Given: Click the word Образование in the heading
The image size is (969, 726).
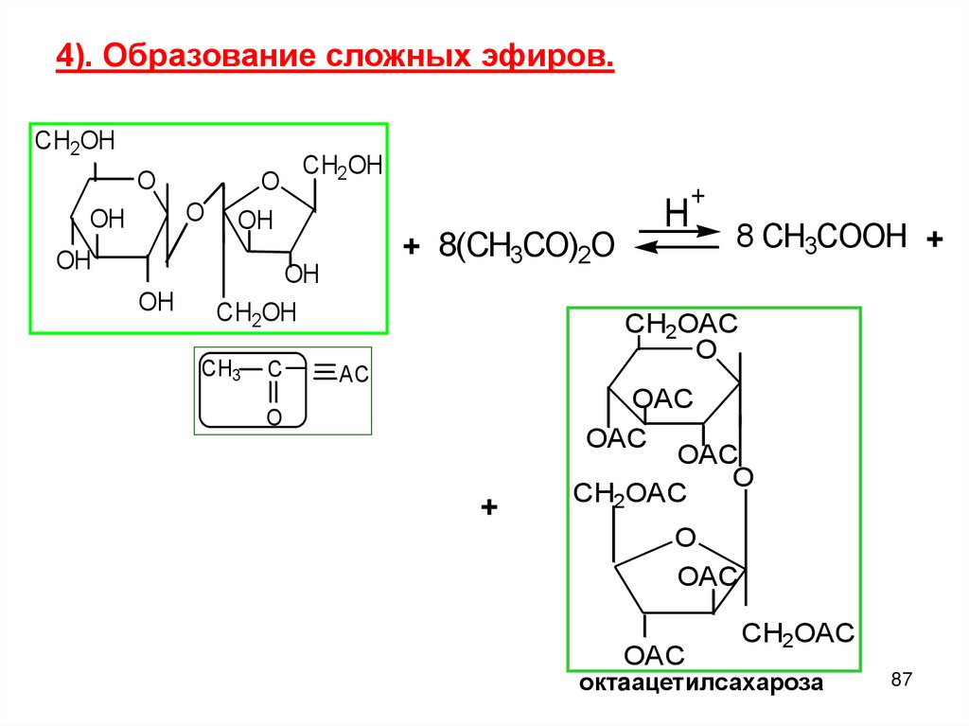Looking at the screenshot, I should [210, 57].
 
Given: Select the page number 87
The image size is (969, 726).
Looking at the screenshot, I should [902, 680].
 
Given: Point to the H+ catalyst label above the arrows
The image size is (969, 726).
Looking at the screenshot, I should [683, 210].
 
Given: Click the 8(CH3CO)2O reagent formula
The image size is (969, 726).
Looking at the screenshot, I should [525, 247].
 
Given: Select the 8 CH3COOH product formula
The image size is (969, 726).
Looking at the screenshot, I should [821, 237].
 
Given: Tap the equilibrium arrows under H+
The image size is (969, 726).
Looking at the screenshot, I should [677, 238].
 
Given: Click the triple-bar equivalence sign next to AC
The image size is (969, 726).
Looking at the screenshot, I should [324, 373].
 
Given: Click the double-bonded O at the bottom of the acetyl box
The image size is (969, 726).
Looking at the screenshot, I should [273, 416].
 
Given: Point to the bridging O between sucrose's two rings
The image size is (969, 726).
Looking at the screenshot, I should [195, 212].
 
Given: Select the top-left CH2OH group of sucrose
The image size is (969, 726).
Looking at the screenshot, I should [75, 142].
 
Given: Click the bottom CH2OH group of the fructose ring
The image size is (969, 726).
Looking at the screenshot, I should [256, 312].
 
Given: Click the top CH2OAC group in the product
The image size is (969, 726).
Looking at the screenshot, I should [679, 324].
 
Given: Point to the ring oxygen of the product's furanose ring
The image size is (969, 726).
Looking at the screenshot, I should [685, 539].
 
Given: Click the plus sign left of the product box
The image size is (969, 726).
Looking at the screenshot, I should [488, 508].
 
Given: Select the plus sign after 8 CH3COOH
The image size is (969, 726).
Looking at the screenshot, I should [936, 241].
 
